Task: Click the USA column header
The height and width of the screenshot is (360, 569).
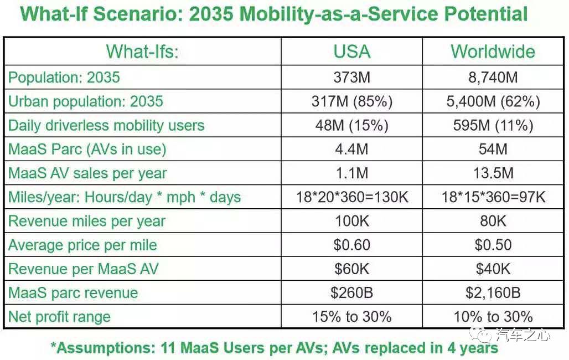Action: point(351,52)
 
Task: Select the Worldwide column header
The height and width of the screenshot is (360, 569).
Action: point(493,52)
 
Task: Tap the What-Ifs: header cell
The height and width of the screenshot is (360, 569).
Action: point(143,52)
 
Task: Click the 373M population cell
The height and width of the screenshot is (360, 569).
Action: point(351,78)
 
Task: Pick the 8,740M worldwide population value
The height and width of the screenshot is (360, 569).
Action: point(493,78)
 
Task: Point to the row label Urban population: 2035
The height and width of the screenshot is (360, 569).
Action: point(86,101)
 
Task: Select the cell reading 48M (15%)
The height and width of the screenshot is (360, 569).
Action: point(351,126)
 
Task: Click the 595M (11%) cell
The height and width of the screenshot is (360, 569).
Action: point(493,126)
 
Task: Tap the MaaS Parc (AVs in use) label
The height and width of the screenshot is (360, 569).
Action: point(87,150)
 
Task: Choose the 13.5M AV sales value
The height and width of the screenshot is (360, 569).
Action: point(493,173)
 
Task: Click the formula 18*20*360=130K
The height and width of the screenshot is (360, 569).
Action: point(351,197)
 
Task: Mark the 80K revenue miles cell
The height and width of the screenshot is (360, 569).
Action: point(493,222)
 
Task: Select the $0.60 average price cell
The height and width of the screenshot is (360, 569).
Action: point(351,245)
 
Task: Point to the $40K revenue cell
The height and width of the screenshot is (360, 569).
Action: point(493,269)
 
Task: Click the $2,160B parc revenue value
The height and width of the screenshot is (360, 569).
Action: point(493,293)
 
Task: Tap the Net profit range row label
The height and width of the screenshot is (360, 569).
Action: point(59,317)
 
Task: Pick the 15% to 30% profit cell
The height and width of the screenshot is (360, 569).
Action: point(351,317)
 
